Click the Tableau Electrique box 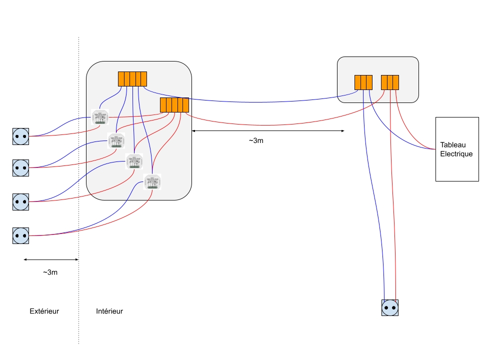coord(457,149)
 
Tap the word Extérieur coord(44,311)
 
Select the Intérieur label coord(109,311)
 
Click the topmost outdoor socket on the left coord(20,136)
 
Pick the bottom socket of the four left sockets coord(20,235)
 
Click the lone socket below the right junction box coord(390,307)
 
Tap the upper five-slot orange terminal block coord(132,79)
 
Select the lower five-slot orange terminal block coord(174,105)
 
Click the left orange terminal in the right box coord(363,82)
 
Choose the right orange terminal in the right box coord(390,82)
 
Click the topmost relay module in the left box coord(100,118)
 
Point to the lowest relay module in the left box coord(152,182)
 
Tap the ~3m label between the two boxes coord(255,140)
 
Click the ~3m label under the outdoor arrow coord(50,272)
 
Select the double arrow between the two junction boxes coord(268,131)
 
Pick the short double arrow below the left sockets coord(51,259)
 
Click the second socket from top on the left coord(20,167)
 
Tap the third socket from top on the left coord(20,201)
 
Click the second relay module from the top coord(116,141)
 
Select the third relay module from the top coord(134,161)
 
